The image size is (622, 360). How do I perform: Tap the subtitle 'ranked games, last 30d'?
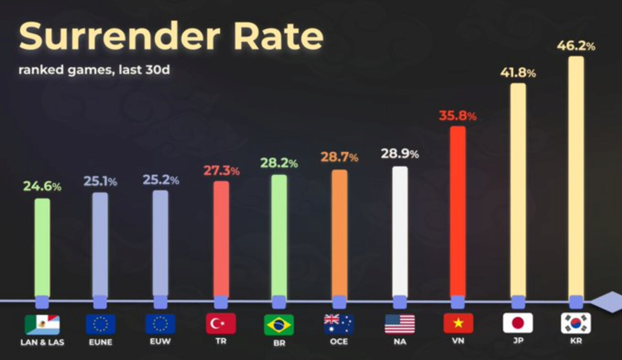pyautogui.click(x=94, y=70)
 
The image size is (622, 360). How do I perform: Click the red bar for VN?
pyautogui.click(x=457, y=211)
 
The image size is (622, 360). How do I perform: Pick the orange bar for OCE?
pyautogui.click(x=339, y=233)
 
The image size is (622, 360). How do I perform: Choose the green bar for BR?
pyautogui.click(x=279, y=235)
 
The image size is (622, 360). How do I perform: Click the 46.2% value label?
pyautogui.click(x=576, y=46)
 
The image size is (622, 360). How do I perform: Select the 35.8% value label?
pyautogui.click(x=457, y=116)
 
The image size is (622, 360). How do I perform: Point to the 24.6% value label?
pyautogui.click(x=42, y=187)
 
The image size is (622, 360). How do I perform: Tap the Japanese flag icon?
pyautogui.click(x=518, y=323)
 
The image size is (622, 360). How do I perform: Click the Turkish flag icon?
pyautogui.click(x=221, y=324)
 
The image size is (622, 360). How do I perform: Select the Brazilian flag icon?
pyautogui.click(x=279, y=324)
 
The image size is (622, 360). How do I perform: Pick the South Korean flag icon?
pyautogui.click(x=576, y=323)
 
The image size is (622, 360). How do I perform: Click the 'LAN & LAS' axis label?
pyautogui.click(x=42, y=342)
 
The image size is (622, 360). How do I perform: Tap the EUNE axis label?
pyautogui.click(x=100, y=342)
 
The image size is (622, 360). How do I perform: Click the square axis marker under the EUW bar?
pyautogui.click(x=160, y=302)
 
